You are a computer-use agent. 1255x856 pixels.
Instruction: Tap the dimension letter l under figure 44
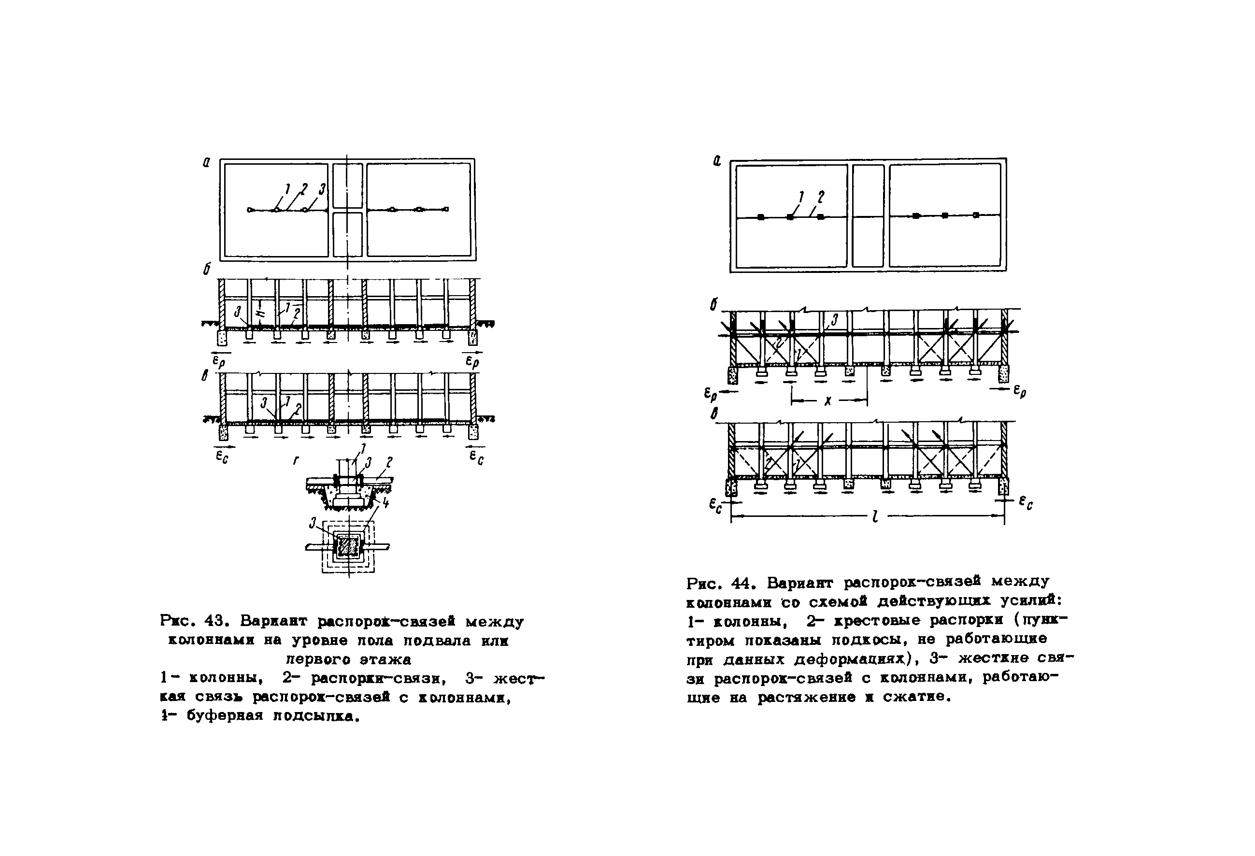pyautogui.click(x=875, y=517)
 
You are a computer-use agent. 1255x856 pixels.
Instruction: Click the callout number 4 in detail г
pyautogui.click(x=385, y=503)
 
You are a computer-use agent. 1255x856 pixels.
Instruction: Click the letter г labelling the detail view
pyautogui.click(x=296, y=460)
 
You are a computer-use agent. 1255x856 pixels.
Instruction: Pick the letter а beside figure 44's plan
pyautogui.click(x=717, y=160)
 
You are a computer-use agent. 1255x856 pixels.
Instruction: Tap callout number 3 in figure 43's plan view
pyautogui.click(x=322, y=189)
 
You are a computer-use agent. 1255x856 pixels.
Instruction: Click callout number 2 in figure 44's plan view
pyautogui.click(x=821, y=197)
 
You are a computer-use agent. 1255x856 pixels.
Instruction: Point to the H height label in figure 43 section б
pyautogui.click(x=261, y=312)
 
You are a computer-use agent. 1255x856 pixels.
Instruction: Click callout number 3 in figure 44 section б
pyautogui.click(x=834, y=320)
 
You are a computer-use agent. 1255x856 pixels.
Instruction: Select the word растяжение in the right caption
pyautogui.click(x=806, y=697)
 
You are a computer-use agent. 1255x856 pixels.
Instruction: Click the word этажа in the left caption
pyautogui.click(x=385, y=659)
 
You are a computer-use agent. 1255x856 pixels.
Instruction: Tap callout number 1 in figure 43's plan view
pyautogui.click(x=288, y=189)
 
